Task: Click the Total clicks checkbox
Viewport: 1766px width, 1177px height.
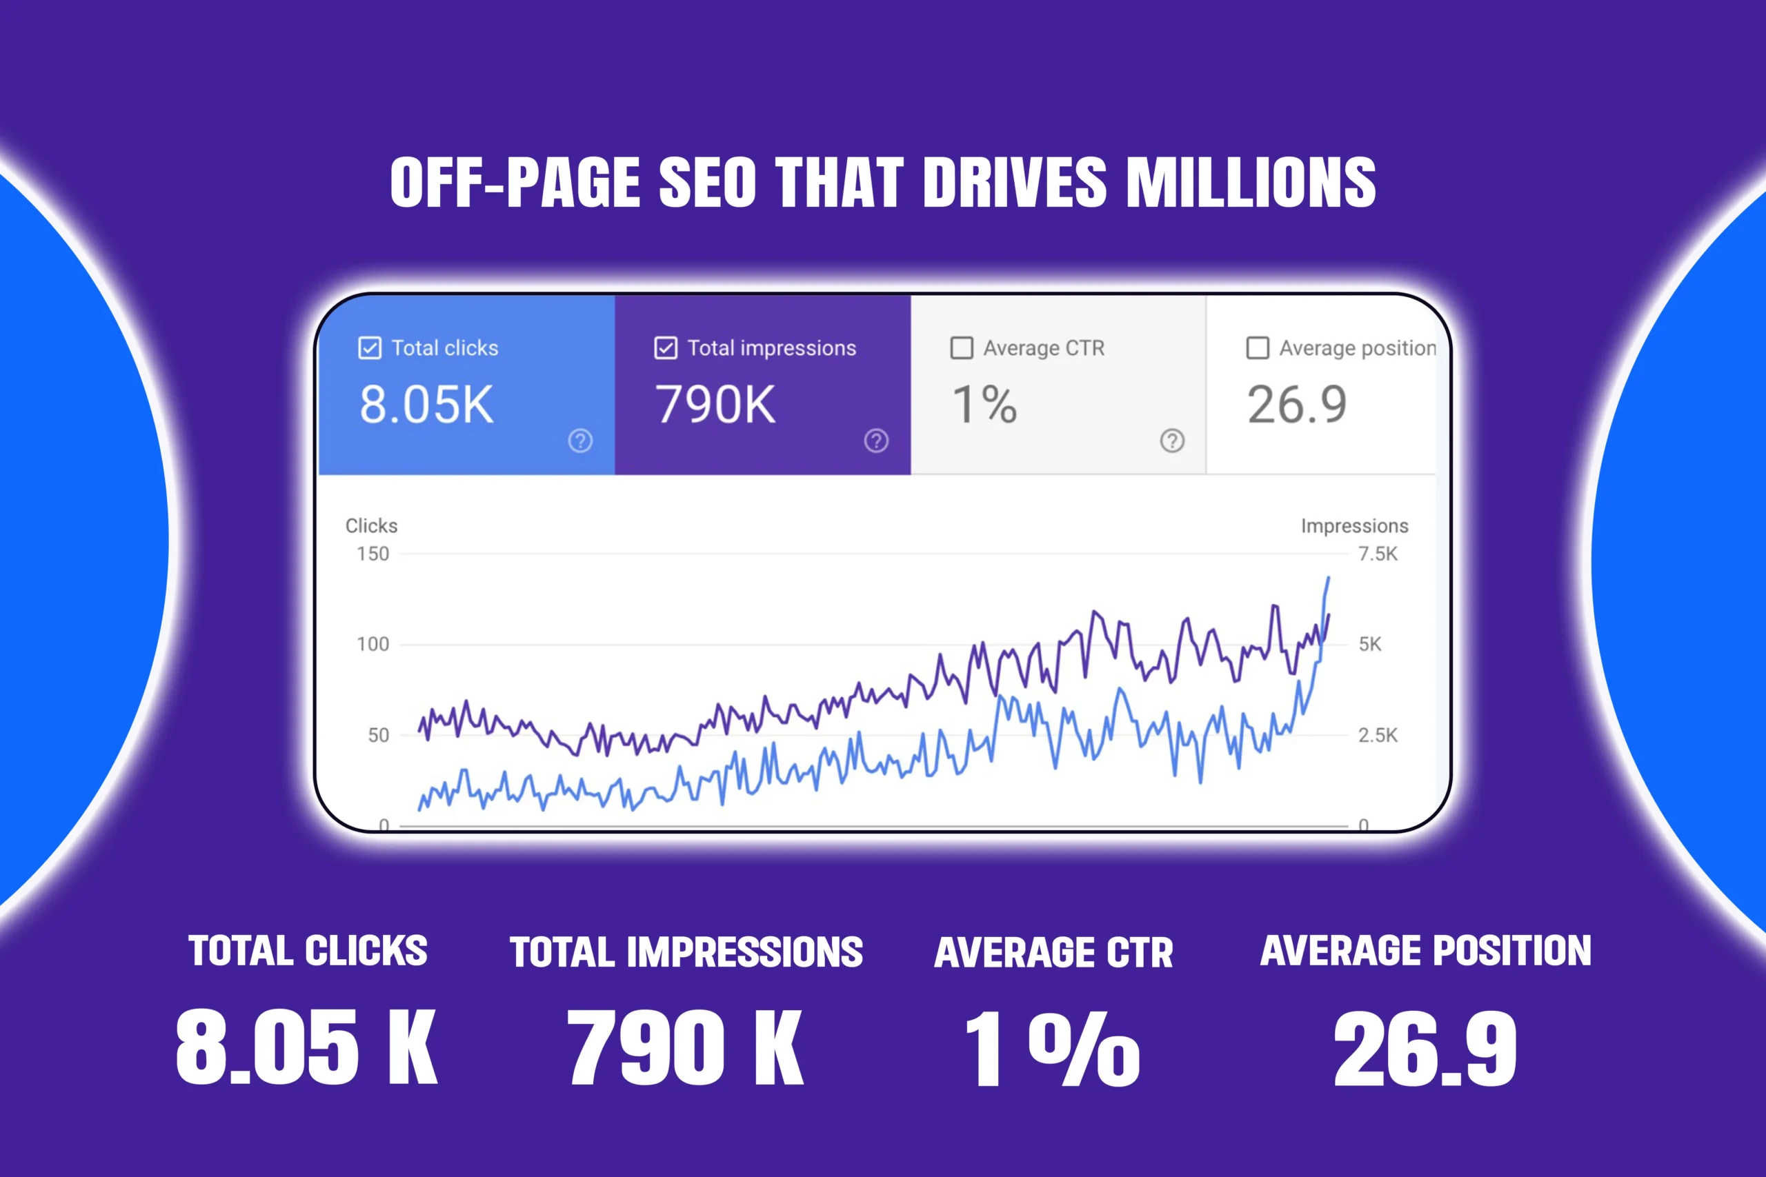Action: tap(370, 348)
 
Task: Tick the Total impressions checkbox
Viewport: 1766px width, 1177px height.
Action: tap(665, 348)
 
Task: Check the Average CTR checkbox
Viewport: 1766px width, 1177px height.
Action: tap(961, 348)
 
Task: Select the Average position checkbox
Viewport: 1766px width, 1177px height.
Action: tap(1257, 348)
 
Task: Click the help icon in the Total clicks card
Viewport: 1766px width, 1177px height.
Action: tap(579, 441)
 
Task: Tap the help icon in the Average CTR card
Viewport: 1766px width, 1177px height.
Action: tap(1171, 441)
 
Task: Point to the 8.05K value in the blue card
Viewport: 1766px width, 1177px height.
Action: tap(426, 405)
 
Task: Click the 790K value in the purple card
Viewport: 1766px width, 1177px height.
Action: tap(715, 405)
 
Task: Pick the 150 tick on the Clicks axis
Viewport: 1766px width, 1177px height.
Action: tap(373, 554)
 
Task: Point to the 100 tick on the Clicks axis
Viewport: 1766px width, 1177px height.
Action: tap(373, 644)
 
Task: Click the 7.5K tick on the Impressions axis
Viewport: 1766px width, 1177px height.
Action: tap(1377, 554)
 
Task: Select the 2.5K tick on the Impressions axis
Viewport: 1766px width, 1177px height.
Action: tap(1377, 735)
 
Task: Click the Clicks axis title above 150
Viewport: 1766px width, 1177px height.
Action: tap(371, 526)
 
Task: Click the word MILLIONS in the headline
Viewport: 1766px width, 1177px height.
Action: tap(1251, 183)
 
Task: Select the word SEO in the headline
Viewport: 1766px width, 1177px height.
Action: tap(707, 183)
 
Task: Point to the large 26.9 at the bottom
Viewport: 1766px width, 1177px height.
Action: tap(1425, 1049)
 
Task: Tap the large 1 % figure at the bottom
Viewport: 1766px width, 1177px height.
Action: tap(1051, 1049)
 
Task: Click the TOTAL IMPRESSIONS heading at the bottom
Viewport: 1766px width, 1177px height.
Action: tap(686, 952)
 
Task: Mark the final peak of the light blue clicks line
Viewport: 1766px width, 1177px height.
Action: tap(1327, 578)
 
